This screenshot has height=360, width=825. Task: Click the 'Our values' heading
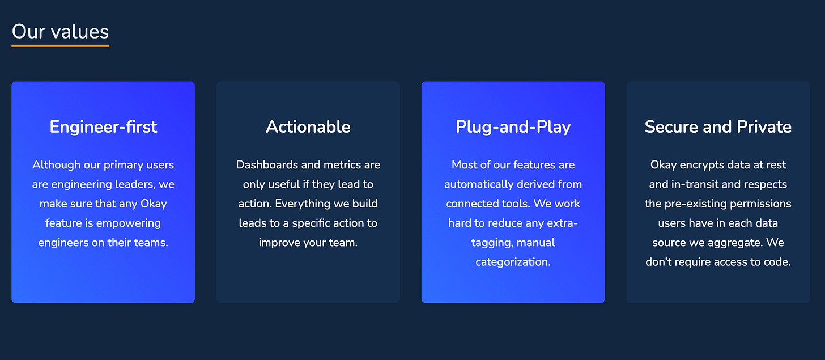(61, 31)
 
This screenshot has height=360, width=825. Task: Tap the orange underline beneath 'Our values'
(61, 46)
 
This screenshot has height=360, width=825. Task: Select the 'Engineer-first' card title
(103, 127)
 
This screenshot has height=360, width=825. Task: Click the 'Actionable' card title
(308, 127)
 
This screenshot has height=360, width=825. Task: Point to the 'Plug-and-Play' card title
(513, 127)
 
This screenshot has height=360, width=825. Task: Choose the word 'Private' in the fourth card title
(764, 127)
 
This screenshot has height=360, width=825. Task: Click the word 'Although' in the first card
(56, 165)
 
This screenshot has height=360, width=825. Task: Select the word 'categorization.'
(513, 262)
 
